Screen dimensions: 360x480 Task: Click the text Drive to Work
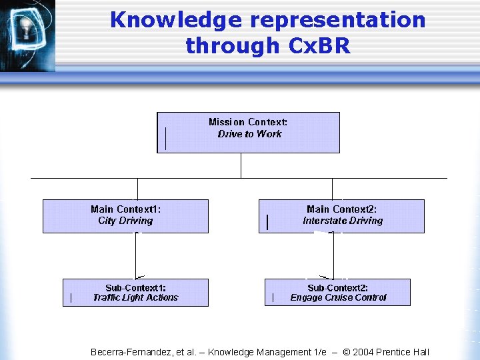(249, 134)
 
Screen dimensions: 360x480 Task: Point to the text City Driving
(125, 221)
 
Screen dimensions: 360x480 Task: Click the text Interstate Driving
(343, 221)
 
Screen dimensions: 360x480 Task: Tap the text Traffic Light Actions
(135, 298)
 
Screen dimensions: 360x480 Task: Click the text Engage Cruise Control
(338, 298)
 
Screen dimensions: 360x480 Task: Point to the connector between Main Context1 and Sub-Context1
(136, 255)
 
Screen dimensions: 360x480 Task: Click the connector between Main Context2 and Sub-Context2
(334, 255)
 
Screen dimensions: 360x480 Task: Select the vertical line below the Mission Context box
(241, 165)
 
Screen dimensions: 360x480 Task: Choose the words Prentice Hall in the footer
(407, 352)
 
